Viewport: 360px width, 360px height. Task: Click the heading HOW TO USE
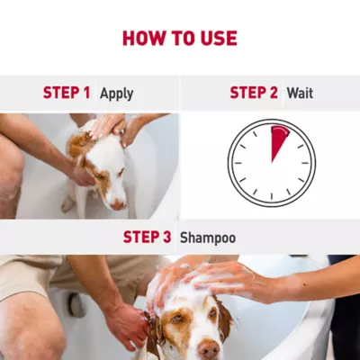[x=180, y=38]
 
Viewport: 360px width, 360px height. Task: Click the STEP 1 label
[x=67, y=93]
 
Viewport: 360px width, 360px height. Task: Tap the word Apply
[x=117, y=94]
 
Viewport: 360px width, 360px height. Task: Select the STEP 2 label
[x=254, y=93]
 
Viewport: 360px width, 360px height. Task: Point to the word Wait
[x=300, y=93]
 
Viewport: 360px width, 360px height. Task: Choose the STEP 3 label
[x=147, y=237]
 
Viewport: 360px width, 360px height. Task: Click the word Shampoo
[x=208, y=238]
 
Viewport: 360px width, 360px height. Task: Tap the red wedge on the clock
[x=278, y=141]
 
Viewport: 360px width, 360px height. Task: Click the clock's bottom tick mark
[x=272, y=196]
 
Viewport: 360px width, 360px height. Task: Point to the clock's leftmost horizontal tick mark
[x=238, y=163]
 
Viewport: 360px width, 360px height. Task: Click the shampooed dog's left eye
[x=177, y=319]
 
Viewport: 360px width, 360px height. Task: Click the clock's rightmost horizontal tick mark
[x=305, y=163]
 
